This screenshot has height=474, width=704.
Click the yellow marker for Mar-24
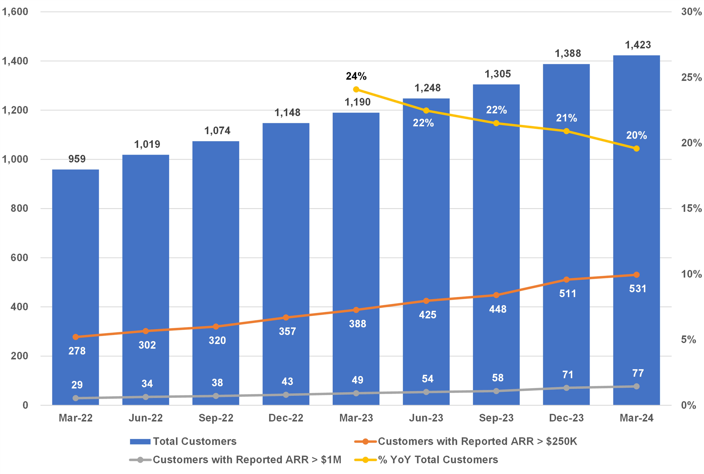pos(636,148)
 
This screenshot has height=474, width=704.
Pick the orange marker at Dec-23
pos(566,280)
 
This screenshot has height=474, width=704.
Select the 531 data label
pos(638,289)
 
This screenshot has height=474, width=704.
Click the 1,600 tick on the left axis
pos(15,12)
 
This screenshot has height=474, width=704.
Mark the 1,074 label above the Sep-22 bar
pos(217,131)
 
